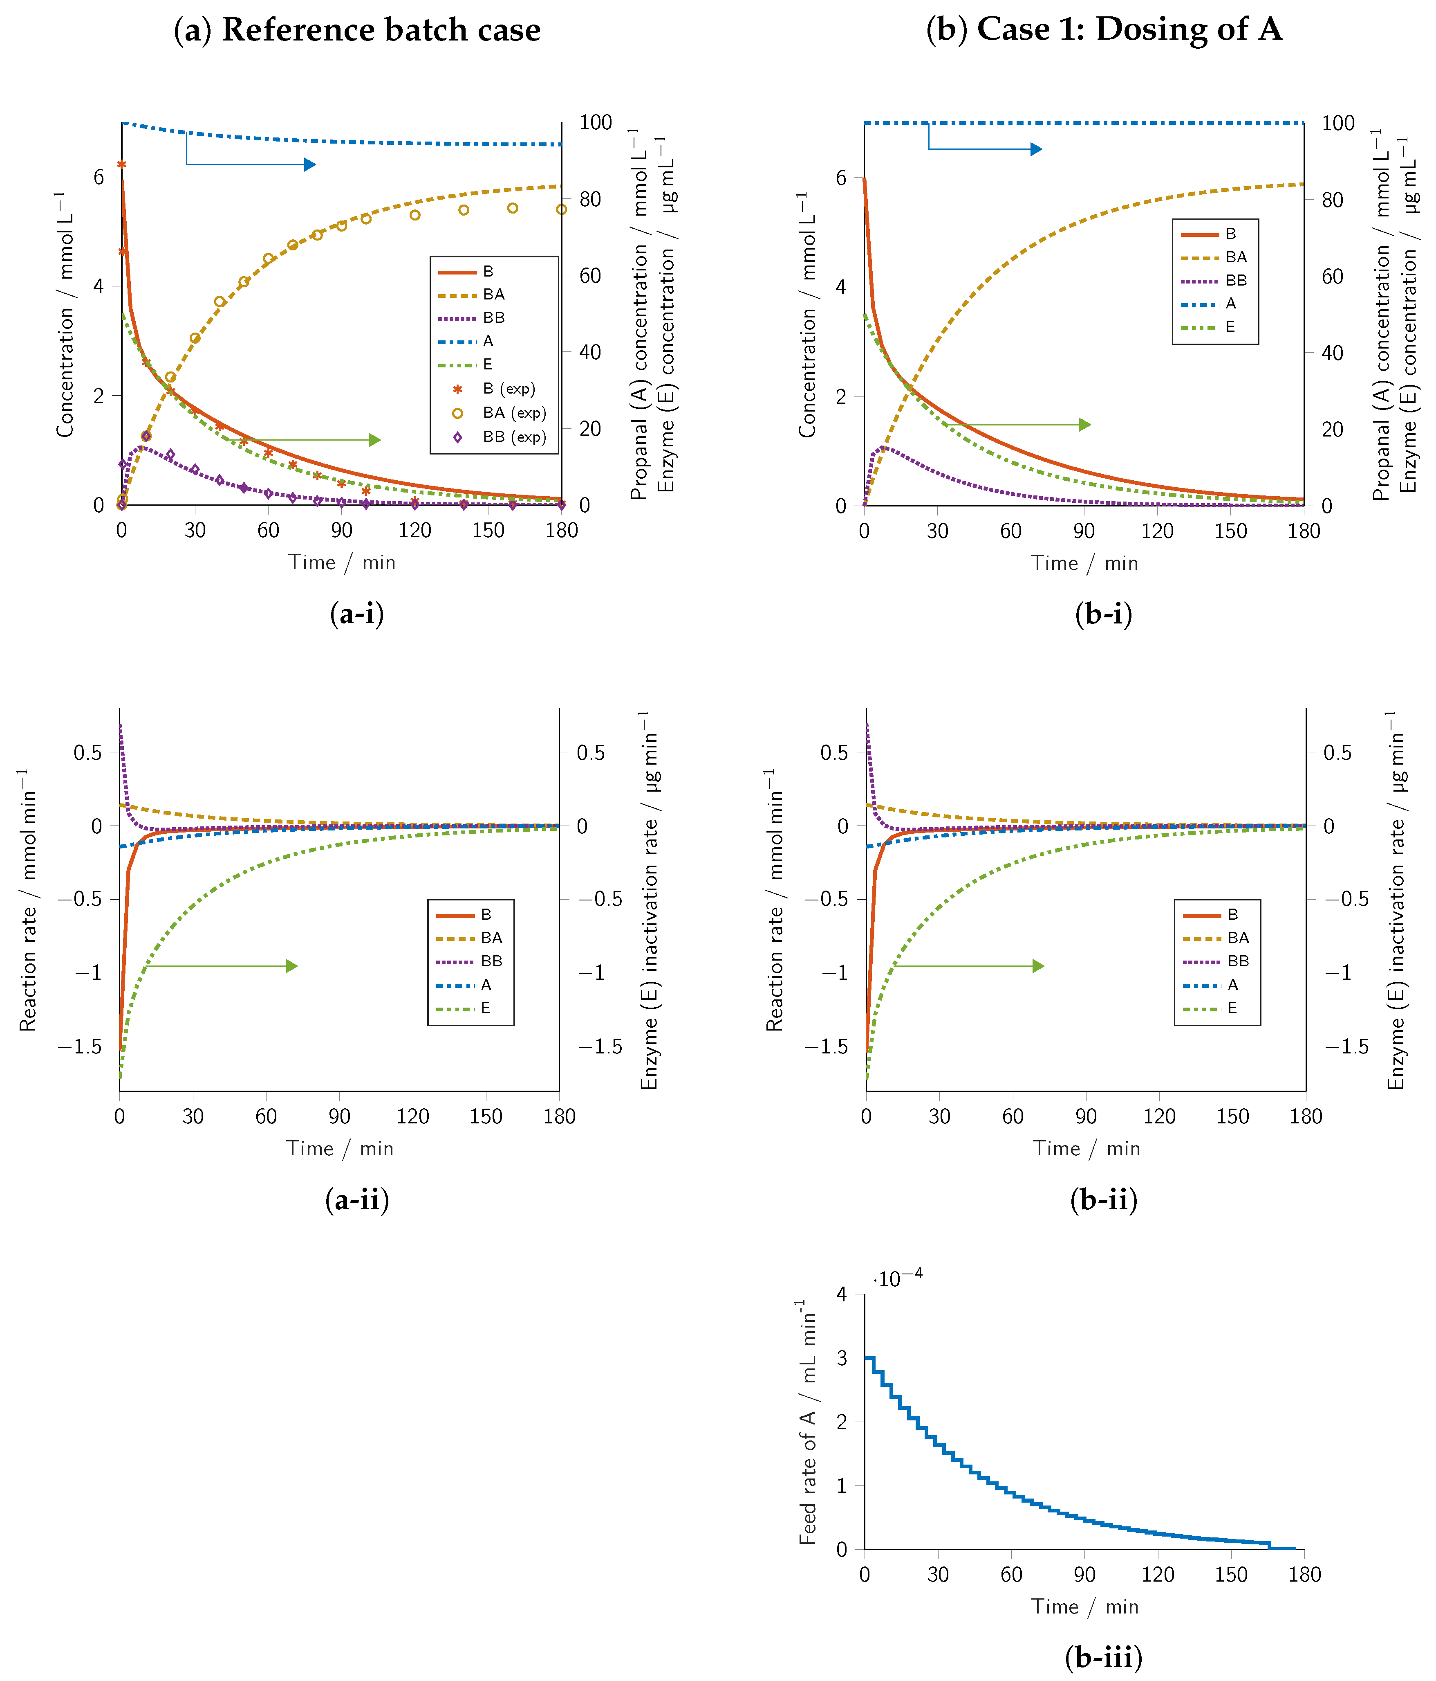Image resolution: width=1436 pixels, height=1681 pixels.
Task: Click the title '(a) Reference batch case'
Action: [357, 30]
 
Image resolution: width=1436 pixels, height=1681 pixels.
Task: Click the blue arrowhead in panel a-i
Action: [310, 165]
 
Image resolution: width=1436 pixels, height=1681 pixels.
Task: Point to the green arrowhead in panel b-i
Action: [1085, 424]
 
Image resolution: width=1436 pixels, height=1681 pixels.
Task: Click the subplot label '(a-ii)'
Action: [357, 1199]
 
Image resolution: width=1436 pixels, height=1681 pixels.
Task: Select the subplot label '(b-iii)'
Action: [1104, 1657]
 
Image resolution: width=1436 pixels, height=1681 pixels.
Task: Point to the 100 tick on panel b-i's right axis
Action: [1338, 123]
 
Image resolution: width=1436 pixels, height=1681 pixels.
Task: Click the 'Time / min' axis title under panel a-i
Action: [341, 562]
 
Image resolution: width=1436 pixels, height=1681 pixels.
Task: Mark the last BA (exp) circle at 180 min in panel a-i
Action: [561, 209]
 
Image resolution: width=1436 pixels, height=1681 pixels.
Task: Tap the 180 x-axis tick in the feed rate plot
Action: [1305, 1575]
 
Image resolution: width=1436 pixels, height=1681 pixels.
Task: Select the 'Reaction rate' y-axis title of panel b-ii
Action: [774, 900]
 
